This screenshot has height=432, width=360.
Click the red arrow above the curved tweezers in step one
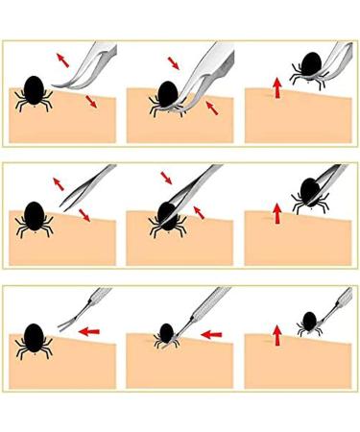[62, 60]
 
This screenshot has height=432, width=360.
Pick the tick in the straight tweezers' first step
[35, 217]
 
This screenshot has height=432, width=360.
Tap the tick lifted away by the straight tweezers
[307, 189]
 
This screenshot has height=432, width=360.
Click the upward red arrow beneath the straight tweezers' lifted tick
[277, 213]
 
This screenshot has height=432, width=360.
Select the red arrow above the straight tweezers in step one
[60, 182]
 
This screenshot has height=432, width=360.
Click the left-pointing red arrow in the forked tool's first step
[90, 332]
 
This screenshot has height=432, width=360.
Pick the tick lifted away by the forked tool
[309, 321]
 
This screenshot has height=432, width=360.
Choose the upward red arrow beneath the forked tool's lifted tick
[277, 335]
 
